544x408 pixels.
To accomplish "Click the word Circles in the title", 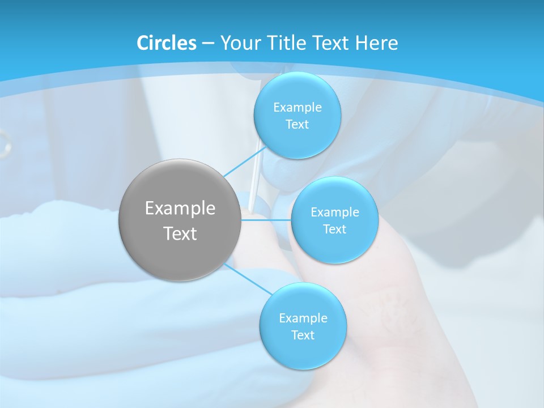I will (x=166, y=43).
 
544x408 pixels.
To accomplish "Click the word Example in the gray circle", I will (x=180, y=209).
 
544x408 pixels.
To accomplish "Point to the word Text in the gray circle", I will (x=180, y=233).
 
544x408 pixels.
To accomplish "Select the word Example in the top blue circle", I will (x=297, y=108).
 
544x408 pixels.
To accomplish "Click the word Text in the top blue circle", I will (x=297, y=125).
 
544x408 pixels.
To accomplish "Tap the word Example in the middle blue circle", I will (x=335, y=212).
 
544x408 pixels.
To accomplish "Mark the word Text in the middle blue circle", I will (x=334, y=229).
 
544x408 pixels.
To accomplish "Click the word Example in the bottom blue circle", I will (x=303, y=318).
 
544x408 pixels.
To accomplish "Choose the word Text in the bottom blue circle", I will (x=303, y=335).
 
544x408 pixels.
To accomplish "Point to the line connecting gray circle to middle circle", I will (x=266, y=220).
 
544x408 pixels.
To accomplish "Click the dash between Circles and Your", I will (x=208, y=43).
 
